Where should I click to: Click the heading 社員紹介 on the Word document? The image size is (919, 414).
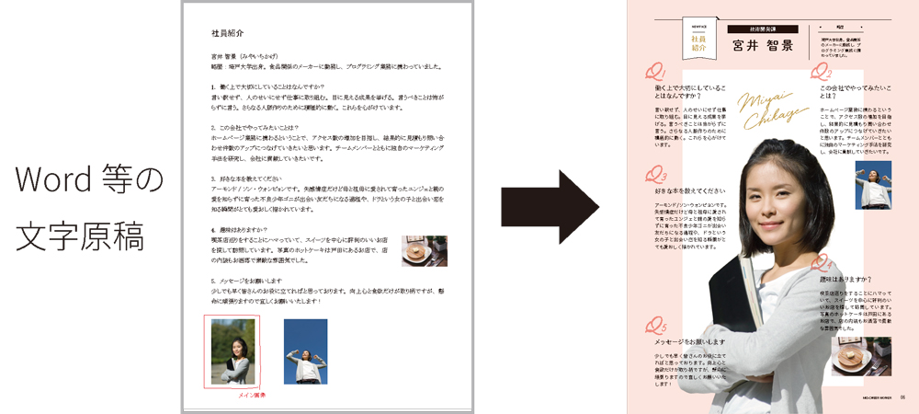tap(227, 32)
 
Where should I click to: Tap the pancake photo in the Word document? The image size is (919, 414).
tap(424, 250)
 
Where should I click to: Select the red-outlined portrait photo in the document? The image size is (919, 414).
tap(233, 351)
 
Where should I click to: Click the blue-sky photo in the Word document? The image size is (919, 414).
tap(305, 351)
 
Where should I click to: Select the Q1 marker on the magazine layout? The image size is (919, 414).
tap(655, 72)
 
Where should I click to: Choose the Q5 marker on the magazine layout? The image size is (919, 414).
tap(655, 325)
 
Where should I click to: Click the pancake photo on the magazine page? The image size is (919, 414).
tap(860, 355)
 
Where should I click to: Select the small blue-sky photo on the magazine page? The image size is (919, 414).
tap(872, 184)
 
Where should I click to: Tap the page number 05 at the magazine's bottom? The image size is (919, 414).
tap(902, 397)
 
